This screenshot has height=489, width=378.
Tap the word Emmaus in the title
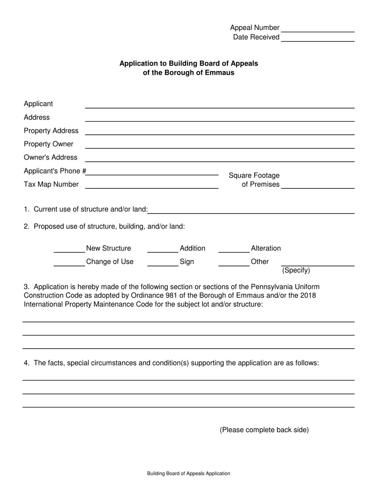click(x=220, y=73)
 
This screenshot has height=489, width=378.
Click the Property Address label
click(x=51, y=131)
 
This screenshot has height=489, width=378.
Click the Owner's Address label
click(x=51, y=157)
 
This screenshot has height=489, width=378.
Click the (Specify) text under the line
click(x=296, y=271)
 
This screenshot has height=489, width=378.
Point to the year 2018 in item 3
click(x=308, y=296)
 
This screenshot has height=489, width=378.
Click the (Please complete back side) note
click(x=264, y=430)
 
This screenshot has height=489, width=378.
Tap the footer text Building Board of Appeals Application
click(x=189, y=473)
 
